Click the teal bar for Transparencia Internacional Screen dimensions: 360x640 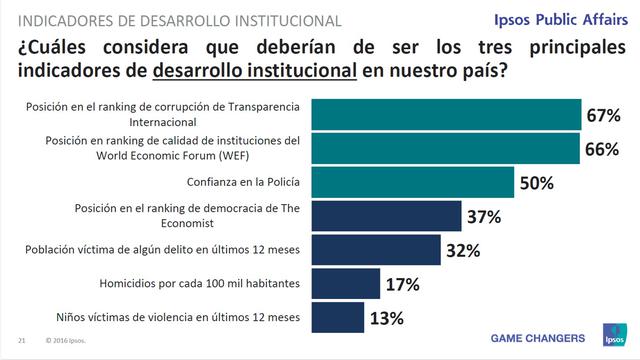click(x=447, y=115)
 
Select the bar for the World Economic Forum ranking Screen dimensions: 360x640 click(x=446, y=149)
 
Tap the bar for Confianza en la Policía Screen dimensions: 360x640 click(x=412, y=183)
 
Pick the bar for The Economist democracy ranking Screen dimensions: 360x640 click(x=387, y=216)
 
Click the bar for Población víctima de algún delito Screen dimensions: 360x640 click(x=377, y=250)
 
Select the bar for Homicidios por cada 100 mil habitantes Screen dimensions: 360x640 click(x=346, y=284)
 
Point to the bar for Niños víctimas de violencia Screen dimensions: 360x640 click(x=338, y=318)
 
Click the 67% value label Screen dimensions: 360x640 click(x=603, y=116)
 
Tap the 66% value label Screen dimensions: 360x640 click(x=600, y=150)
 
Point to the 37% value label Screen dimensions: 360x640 click(x=483, y=217)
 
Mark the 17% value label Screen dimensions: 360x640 click(x=401, y=285)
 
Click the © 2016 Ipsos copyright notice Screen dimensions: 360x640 click(x=65, y=340)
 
